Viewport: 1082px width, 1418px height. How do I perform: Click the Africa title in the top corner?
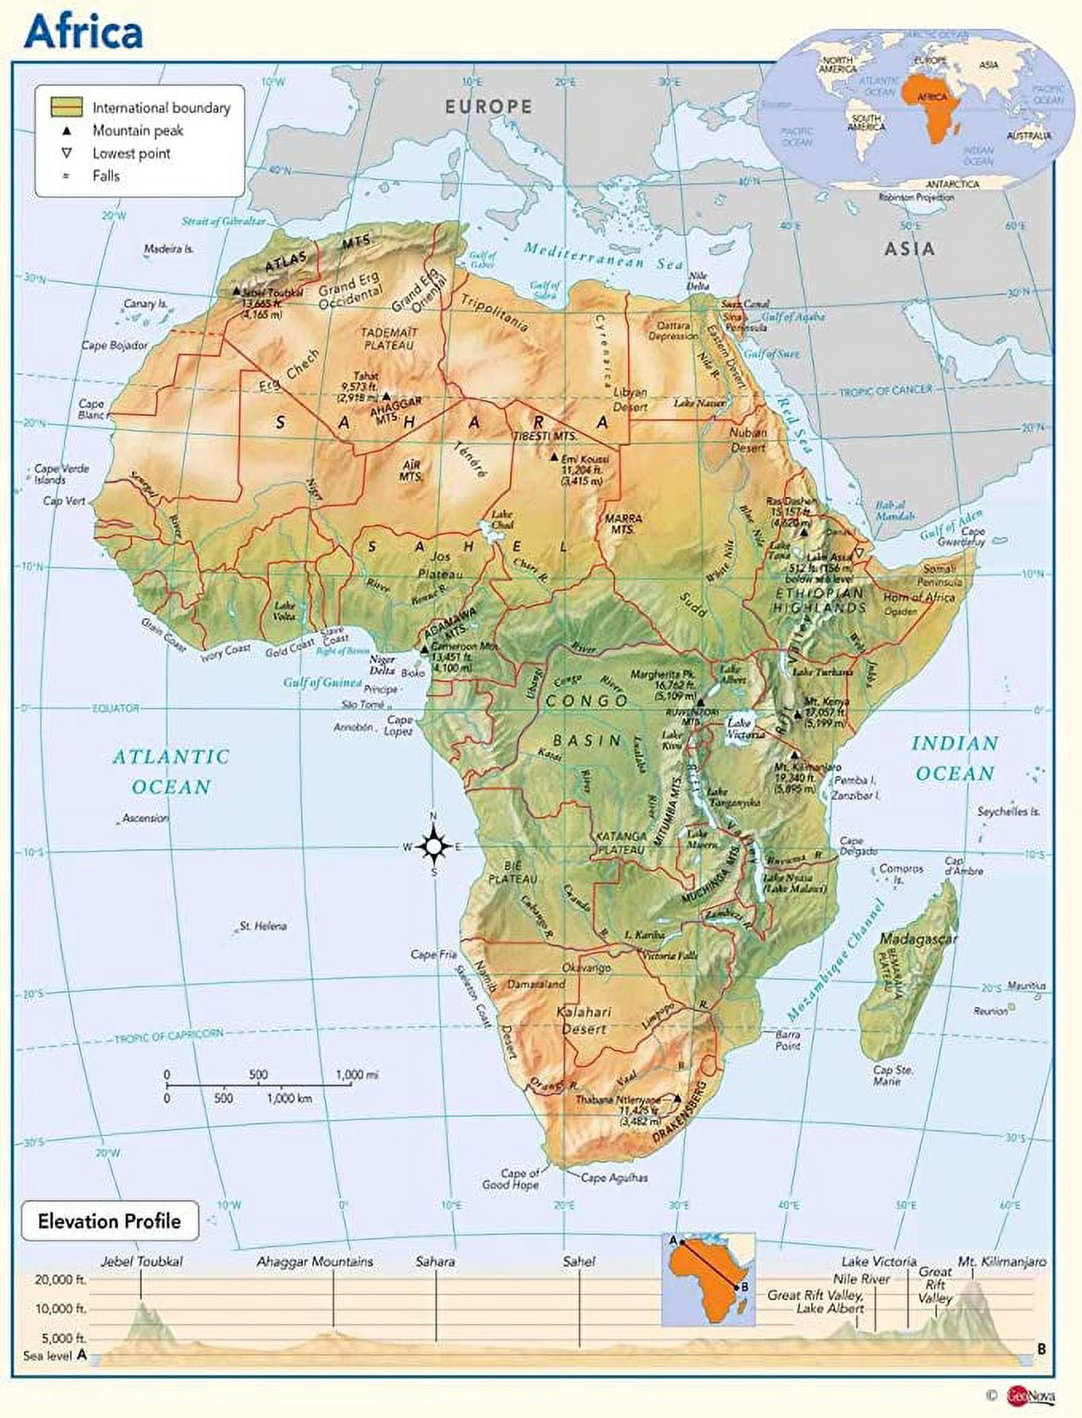(x=84, y=32)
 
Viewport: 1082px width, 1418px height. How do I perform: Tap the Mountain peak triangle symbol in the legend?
(x=68, y=131)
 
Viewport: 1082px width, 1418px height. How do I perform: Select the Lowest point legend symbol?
(x=68, y=153)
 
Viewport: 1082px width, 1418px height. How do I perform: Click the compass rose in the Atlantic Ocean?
(x=433, y=846)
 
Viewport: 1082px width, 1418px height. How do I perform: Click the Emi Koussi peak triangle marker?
(x=554, y=458)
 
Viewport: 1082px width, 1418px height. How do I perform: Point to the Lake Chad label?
(x=503, y=519)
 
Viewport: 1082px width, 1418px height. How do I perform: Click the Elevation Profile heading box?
(x=109, y=1221)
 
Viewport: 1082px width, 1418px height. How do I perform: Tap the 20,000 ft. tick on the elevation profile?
(x=61, y=1280)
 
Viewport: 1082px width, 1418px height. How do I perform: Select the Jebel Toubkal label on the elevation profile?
(x=142, y=1262)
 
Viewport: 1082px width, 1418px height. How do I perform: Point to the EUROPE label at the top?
(x=488, y=106)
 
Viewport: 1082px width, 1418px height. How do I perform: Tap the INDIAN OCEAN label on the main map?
(x=955, y=758)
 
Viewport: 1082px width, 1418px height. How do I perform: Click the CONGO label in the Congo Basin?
(x=587, y=701)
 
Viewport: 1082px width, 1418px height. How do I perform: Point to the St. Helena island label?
(x=262, y=926)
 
